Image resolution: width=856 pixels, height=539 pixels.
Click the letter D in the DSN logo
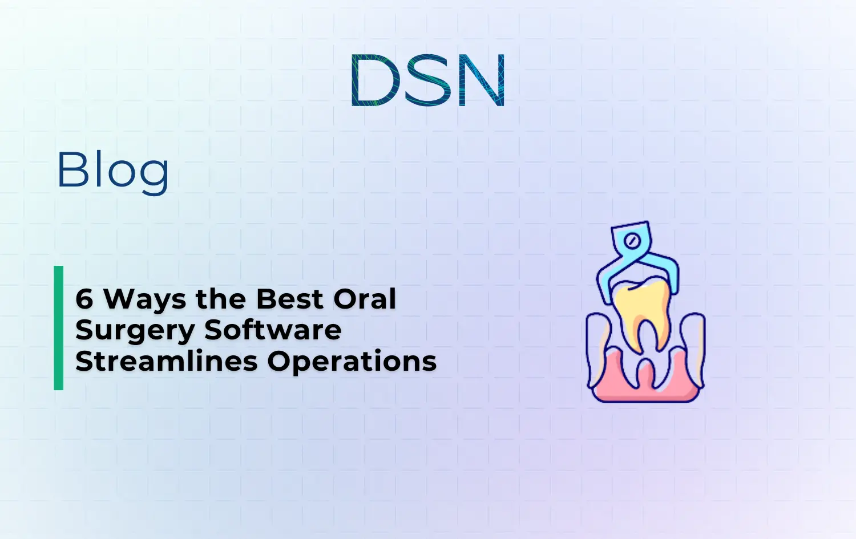373,80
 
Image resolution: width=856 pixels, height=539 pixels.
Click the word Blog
113,170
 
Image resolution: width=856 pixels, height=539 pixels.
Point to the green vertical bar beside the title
59,328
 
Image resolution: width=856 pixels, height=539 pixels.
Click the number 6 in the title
84,299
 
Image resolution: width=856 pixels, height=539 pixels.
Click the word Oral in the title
365,299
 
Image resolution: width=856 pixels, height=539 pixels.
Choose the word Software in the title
273,330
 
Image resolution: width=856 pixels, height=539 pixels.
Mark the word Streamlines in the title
166,361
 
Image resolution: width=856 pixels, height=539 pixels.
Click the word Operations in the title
352,362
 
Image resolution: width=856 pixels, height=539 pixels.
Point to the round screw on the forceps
631,241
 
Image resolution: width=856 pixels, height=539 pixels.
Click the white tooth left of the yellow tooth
599,342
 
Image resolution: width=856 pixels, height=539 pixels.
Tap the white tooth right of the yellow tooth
692,342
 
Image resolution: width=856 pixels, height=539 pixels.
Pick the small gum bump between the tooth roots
645,370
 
